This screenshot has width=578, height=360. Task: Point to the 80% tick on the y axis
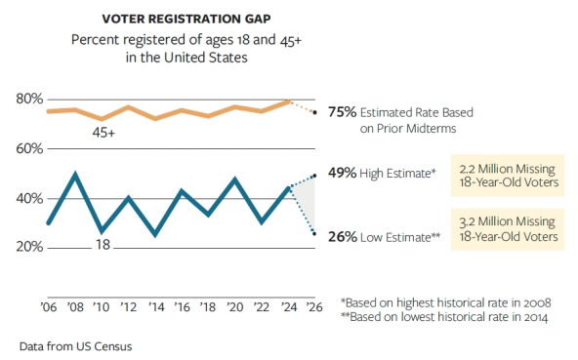[29, 100]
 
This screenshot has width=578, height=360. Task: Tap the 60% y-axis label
[29, 148]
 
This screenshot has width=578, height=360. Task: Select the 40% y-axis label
[29, 198]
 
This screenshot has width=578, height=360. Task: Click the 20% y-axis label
[29, 247]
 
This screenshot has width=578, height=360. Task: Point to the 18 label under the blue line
[103, 246]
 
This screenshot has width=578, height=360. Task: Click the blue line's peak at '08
[75, 175]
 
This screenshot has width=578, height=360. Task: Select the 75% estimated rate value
[342, 111]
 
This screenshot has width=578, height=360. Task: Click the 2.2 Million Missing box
[507, 175]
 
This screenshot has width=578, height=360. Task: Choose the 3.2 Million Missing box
[507, 229]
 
